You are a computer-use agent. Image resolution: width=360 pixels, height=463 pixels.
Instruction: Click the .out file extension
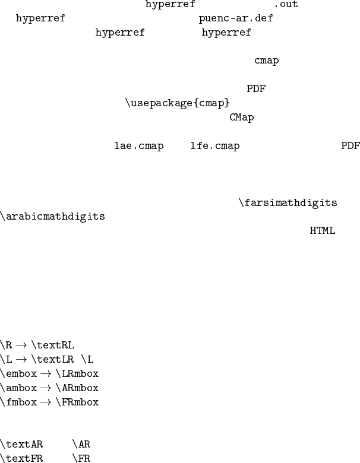[x=286, y=5]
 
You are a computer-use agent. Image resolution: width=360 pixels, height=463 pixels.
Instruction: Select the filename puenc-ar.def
[x=236, y=18]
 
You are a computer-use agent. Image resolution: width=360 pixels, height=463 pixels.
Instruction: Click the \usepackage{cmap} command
[x=177, y=103]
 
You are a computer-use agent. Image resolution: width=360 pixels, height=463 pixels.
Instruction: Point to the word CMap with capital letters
[x=241, y=117]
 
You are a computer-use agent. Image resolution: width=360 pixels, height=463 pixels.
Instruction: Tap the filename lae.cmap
[x=138, y=146]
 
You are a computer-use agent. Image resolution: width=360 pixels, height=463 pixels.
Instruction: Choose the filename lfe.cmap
[x=214, y=146]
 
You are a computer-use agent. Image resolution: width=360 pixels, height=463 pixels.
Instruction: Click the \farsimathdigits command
[x=288, y=203]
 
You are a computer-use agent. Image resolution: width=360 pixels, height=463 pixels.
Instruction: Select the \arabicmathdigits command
[x=53, y=216]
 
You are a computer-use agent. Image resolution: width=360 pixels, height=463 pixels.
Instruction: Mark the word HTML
[x=322, y=230]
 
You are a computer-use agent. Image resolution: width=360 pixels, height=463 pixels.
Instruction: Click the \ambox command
[x=18, y=388]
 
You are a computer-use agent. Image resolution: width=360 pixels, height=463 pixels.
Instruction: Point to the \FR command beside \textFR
[x=81, y=458]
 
